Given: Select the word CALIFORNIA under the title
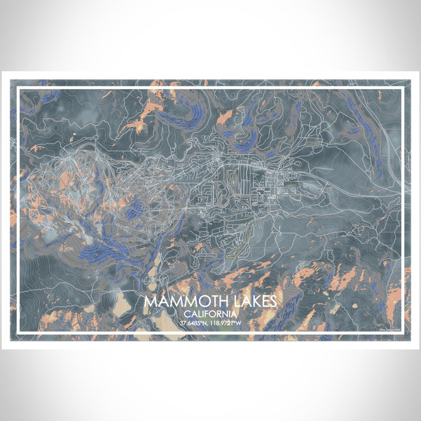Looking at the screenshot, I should (210, 314).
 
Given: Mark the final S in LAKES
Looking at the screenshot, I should (272, 301).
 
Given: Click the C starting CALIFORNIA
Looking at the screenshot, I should (188, 314).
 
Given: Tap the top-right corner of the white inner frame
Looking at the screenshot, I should (402, 87).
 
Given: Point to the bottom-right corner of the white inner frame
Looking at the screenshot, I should (402, 333).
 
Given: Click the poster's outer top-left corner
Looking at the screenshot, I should (2, 72).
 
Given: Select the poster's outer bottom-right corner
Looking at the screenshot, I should (419, 349).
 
